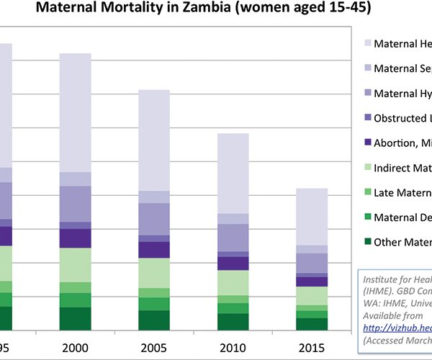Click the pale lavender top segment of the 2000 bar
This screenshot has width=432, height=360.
[75, 112]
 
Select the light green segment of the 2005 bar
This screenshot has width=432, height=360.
[153, 273]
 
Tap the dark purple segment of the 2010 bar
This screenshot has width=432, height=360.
[233, 264]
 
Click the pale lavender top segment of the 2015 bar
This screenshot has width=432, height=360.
[311, 216]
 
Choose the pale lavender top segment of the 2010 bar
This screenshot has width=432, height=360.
[233, 173]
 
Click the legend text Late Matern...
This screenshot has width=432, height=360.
[402, 192]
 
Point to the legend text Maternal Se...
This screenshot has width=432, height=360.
[402, 68]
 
